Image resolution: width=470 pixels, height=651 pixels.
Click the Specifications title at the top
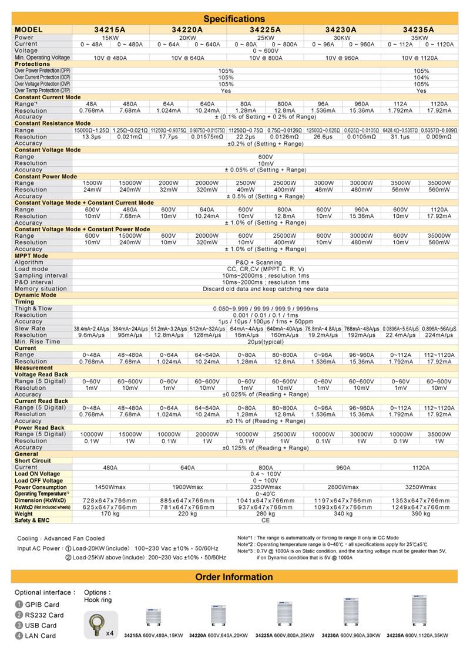coord(234,19)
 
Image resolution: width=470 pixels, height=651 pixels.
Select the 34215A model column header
coord(110,29)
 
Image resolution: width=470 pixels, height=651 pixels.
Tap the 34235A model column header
coord(419,29)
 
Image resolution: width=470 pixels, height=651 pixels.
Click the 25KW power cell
coord(264,38)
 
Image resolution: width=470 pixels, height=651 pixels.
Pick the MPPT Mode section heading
coord(32,256)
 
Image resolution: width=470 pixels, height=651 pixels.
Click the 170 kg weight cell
coord(110,514)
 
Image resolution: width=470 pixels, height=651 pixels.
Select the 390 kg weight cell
coord(420,514)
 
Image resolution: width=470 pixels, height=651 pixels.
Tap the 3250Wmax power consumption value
coord(420,487)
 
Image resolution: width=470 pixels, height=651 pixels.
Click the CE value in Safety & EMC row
coord(265,520)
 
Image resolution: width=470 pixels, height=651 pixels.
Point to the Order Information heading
coord(234,576)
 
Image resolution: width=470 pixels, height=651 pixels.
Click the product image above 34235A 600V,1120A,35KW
coord(418,612)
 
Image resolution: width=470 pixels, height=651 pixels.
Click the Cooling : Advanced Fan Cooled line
coord(61,538)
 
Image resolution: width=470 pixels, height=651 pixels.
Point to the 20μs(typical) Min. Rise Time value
coord(265,342)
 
